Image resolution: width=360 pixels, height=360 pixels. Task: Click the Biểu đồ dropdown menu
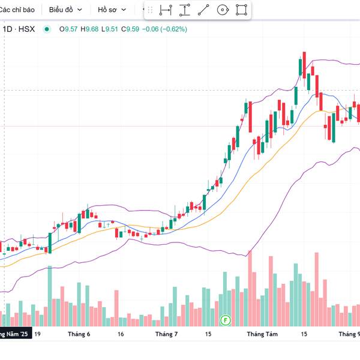[65, 10]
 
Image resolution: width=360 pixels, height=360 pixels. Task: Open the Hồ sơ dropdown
[112, 10]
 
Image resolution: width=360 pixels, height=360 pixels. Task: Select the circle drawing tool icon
[223, 10]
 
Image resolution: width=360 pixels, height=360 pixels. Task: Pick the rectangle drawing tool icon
[241, 10]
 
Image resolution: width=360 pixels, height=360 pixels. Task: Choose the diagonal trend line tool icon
[203, 10]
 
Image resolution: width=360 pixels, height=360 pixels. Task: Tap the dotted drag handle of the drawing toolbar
[150, 10]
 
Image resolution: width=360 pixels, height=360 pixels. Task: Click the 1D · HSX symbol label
[19, 29]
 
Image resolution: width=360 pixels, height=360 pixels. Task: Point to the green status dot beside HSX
[47, 29]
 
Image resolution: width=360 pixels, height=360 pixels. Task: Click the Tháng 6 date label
[79, 334]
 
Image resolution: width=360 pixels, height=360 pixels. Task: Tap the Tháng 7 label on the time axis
[167, 334]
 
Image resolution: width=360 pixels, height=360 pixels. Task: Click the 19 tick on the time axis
[37, 334]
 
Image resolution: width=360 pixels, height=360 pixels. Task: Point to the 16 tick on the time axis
[121, 334]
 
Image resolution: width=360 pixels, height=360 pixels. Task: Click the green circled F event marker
[226, 320]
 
